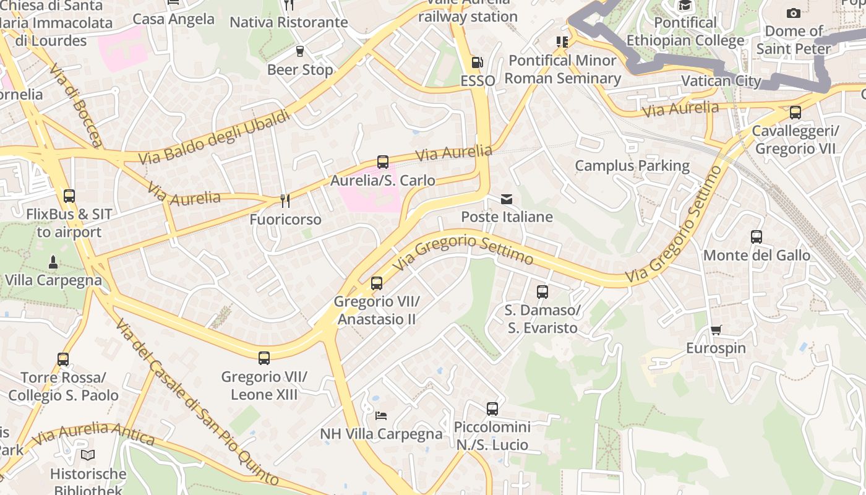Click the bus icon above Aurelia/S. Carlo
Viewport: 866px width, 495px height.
tap(383, 162)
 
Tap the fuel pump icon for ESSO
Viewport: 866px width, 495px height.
tap(478, 62)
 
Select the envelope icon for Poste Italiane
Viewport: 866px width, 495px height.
tap(507, 199)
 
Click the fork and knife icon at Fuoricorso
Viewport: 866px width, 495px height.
tap(285, 201)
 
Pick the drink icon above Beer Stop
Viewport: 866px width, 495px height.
tap(300, 51)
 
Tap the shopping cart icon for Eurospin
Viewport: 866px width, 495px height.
tap(716, 330)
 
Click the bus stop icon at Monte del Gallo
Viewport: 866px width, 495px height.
tap(756, 237)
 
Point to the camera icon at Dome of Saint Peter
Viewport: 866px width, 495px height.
tap(793, 13)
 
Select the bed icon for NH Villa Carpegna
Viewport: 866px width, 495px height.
tap(381, 415)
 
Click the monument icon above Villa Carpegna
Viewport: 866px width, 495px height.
tap(53, 262)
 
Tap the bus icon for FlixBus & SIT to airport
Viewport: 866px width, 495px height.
tap(69, 196)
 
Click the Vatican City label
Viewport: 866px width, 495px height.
tap(721, 81)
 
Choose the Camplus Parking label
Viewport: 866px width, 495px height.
tap(632, 166)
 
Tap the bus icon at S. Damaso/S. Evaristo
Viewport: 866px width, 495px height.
tap(542, 292)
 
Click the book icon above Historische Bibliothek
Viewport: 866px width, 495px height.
tap(88, 455)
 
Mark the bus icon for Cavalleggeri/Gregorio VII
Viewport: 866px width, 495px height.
tap(795, 113)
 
